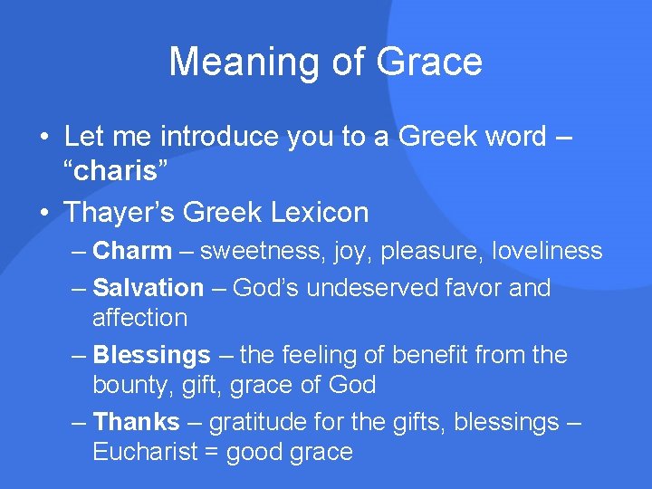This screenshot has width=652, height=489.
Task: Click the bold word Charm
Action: tap(132, 251)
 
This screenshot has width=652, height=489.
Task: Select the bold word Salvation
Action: tap(149, 288)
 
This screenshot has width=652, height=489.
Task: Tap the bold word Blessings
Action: tap(152, 355)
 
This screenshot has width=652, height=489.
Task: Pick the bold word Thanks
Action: tap(137, 422)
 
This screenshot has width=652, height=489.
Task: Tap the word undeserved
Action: tap(375, 288)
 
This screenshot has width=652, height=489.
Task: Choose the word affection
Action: tap(139, 318)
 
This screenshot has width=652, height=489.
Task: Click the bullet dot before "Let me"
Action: tap(43, 138)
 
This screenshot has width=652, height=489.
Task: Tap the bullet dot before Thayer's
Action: tap(43, 214)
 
